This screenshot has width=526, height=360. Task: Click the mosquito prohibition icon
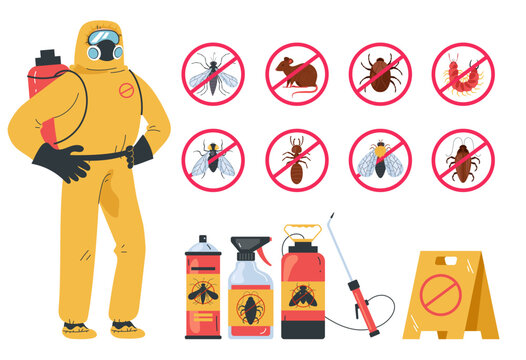(213, 73)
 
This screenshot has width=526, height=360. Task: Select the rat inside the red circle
(296, 73)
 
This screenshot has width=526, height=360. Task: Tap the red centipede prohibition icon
(463, 73)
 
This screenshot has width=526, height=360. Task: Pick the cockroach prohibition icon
(463, 160)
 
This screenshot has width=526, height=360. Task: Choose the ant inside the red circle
(296, 160)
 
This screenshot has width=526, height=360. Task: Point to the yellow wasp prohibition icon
(380, 160)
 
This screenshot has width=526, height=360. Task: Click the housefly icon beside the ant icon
(213, 160)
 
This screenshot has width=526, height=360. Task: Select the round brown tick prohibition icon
(380, 73)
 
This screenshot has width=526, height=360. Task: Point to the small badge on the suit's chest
(126, 90)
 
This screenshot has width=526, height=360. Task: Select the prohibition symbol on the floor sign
(440, 294)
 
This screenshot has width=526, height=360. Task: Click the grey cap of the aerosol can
(203, 244)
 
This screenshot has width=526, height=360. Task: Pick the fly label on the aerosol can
(203, 293)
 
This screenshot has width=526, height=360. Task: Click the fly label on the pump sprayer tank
(302, 295)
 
